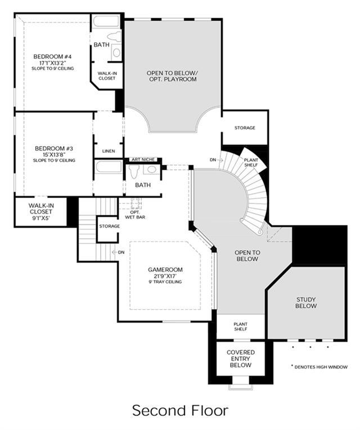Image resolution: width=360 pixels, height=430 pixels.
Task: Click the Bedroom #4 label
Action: click(x=52, y=57)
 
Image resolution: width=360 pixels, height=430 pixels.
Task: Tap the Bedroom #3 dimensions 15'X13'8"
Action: click(x=54, y=155)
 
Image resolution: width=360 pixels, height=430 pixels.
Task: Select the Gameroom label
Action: click(x=165, y=270)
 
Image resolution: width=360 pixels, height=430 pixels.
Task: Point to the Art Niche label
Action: click(x=143, y=159)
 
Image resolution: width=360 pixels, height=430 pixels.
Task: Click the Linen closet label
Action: click(x=109, y=151)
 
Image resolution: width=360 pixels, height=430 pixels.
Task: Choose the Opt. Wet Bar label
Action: click(x=135, y=215)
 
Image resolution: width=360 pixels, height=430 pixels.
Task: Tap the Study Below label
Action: click(x=306, y=302)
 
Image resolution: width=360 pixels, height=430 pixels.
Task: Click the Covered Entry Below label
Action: click(x=241, y=359)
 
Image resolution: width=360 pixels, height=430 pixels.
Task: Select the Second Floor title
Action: click(x=180, y=410)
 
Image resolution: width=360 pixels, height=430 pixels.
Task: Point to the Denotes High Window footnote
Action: click(x=319, y=367)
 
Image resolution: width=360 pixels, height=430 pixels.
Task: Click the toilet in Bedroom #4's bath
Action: click(x=114, y=36)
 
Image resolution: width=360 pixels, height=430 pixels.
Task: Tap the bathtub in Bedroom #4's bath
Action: click(x=105, y=21)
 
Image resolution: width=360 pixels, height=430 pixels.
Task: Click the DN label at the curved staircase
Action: click(x=213, y=160)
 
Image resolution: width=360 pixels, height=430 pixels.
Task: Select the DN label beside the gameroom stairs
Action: click(x=121, y=252)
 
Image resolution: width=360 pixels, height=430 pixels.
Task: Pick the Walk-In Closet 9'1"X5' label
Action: click(x=41, y=212)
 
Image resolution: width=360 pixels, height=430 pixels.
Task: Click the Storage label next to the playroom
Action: click(x=245, y=128)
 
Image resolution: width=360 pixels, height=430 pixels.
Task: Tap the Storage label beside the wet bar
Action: click(x=110, y=227)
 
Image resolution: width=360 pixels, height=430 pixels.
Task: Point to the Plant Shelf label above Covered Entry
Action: click(x=241, y=327)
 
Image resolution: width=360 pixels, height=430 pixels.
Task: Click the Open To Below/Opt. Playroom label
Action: click(x=172, y=76)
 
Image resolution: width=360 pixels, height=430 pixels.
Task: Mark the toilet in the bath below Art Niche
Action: click(x=134, y=171)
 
